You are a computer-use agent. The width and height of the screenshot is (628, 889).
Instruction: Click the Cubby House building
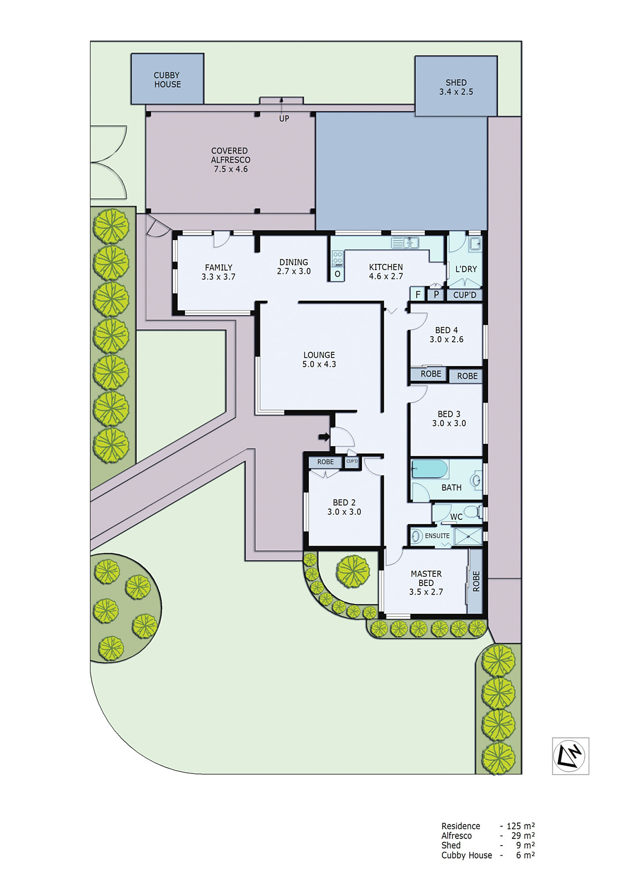tap(167, 79)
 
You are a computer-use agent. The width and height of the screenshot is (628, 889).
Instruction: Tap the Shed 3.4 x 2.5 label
tap(456, 87)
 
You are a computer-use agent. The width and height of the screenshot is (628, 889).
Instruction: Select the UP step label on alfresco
tap(284, 118)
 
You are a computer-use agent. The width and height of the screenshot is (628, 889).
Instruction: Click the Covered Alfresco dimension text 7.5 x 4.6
tap(230, 169)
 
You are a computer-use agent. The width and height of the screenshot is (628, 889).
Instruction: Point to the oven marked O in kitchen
tap(337, 274)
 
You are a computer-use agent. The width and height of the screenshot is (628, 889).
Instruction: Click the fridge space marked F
tap(418, 294)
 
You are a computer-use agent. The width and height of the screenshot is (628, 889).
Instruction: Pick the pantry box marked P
tap(436, 294)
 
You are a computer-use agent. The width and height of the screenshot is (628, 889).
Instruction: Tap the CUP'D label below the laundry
tap(465, 295)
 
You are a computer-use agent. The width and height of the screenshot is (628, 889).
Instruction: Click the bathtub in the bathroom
tap(430, 469)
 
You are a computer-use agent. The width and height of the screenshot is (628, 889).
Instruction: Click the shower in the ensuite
tap(468, 536)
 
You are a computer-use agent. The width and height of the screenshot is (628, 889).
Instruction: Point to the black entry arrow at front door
tap(323, 437)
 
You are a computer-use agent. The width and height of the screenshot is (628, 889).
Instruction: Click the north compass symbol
tap(570, 756)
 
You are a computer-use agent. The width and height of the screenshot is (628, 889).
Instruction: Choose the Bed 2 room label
tap(344, 507)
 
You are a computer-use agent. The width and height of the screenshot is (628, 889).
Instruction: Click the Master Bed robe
tap(475, 581)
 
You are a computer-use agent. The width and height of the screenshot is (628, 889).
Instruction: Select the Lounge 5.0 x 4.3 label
tap(319, 359)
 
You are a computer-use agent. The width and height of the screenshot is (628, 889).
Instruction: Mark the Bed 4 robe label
tap(431, 374)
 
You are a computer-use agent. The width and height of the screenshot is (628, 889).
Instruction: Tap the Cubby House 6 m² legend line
tap(488, 855)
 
